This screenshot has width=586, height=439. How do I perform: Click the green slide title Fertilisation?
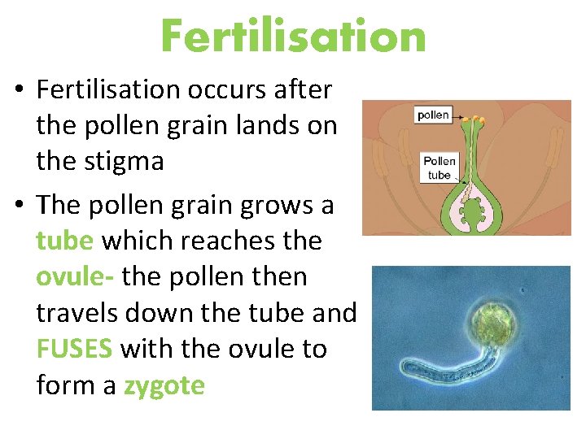click(293, 36)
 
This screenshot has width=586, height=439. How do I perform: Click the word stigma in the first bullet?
click(125, 161)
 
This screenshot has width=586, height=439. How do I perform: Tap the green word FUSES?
click(74, 349)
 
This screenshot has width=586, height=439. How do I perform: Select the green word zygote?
click(164, 385)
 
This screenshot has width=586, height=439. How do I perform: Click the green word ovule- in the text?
click(78, 276)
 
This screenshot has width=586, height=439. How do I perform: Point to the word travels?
click(77, 312)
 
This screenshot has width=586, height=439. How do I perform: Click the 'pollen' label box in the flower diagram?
click(433, 115)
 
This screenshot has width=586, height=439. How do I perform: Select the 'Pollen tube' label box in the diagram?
click(439, 167)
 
